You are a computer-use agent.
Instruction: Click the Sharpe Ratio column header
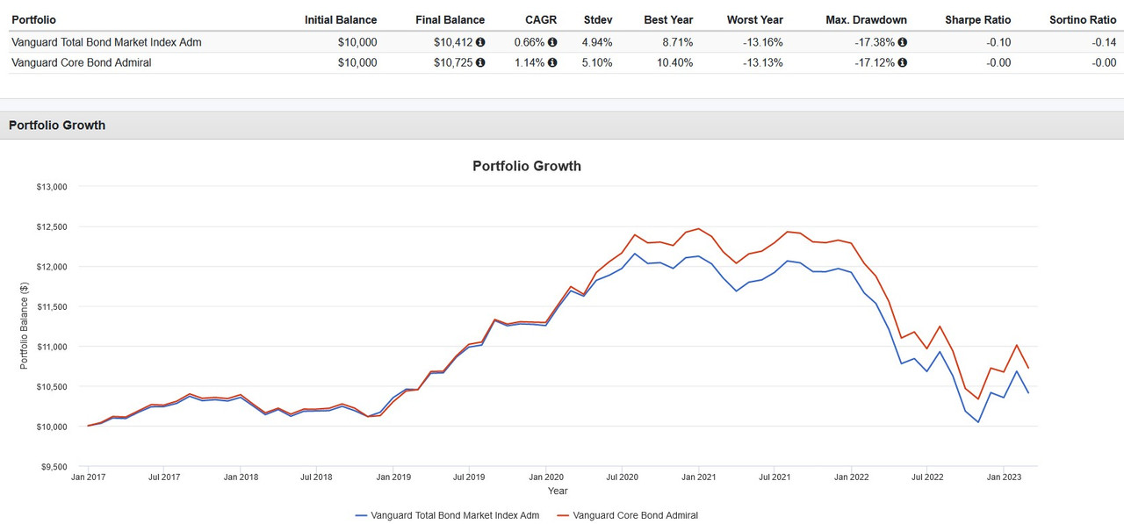(x=977, y=19)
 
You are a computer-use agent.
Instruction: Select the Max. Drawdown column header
(x=867, y=19)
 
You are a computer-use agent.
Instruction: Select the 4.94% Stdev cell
(x=597, y=41)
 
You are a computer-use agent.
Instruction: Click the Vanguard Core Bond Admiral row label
(x=81, y=62)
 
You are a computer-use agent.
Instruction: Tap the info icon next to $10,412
(x=480, y=41)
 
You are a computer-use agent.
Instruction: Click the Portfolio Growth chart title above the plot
(x=526, y=166)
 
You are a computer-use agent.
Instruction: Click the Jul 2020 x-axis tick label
(x=621, y=477)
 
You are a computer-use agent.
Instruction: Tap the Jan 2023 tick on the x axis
(x=1004, y=477)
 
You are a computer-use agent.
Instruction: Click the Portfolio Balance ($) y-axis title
(x=25, y=326)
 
